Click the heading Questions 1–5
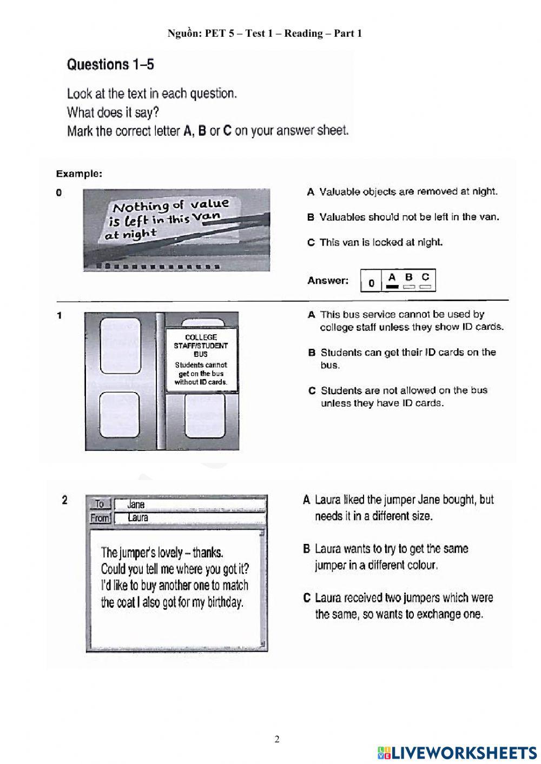click(x=110, y=65)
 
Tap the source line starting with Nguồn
click(x=265, y=34)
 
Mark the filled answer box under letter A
click(x=392, y=287)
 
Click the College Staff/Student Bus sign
click(x=201, y=359)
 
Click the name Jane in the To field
click(x=136, y=504)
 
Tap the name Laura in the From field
click(x=137, y=517)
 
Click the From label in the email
click(x=100, y=518)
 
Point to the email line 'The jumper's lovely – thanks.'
click(x=162, y=552)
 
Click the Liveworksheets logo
click(x=457, y=752)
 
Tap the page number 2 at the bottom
click(x=277, y=739)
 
